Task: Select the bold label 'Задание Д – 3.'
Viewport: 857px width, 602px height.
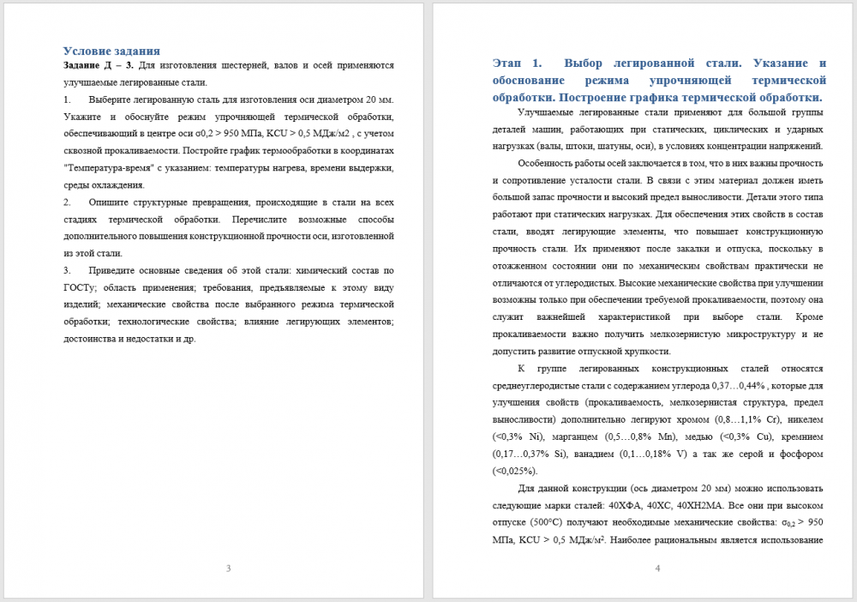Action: point(99,65)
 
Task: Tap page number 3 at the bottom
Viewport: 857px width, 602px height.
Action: point(228,569)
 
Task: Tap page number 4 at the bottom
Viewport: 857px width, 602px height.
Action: point(657,569)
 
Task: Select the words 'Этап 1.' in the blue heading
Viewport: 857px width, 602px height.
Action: point(518,63)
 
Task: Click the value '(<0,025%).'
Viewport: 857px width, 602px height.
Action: point(515,471)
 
